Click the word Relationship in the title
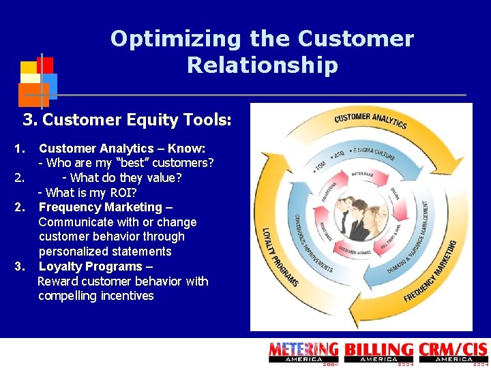click(x=262, y=65)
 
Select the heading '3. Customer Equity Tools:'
click(x=128, y=121)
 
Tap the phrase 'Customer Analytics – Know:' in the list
click(x=122, y=149)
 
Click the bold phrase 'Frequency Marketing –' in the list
click(x=106, y=207)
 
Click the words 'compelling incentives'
click(x=96, y=296)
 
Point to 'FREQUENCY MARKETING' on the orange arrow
click(x=430, y=273)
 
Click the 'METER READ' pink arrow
click(x=361, y=174)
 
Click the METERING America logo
click(x=303, y=352)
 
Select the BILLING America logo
click(x=378, y=352)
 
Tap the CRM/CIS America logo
click(x=453, y=352)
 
